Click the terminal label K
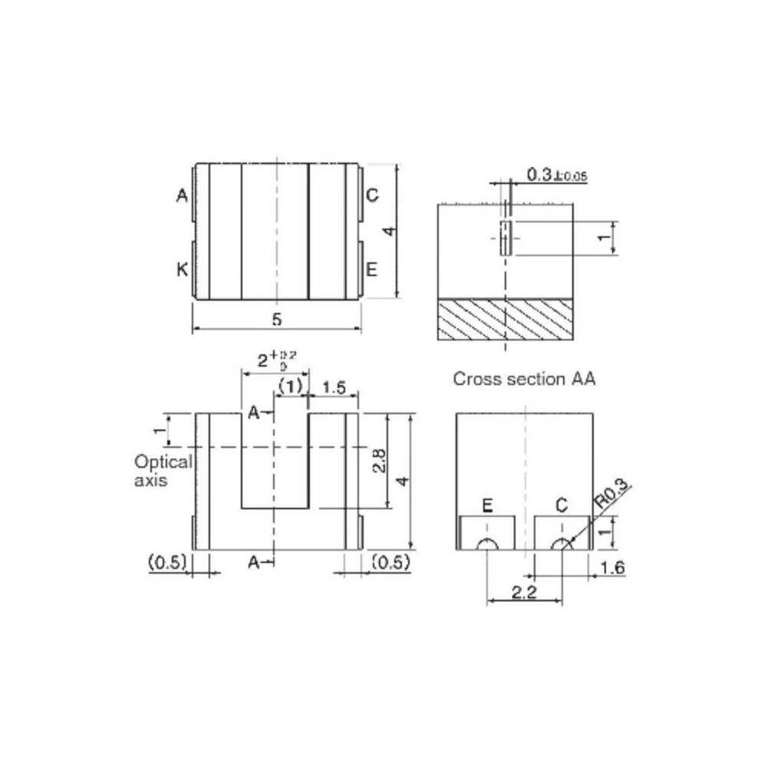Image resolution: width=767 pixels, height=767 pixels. [x=182, y=269]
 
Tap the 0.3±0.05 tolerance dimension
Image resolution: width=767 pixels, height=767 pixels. [x=557, y=176]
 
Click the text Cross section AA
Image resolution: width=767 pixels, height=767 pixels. [x=524, y=378]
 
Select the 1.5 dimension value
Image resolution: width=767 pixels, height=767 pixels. [x=334, y=387]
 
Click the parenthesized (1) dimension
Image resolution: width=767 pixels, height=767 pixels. [x=291, y=387]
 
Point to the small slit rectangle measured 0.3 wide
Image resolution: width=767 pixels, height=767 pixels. [x=505, y=237]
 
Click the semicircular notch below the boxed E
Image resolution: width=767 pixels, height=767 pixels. [x=487, y=545]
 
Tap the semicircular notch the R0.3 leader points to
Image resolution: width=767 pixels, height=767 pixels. [x=562, y=545]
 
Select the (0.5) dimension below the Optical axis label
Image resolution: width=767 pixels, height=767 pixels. [x=166, y=562]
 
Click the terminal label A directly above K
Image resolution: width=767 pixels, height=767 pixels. [x=182, y=196]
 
